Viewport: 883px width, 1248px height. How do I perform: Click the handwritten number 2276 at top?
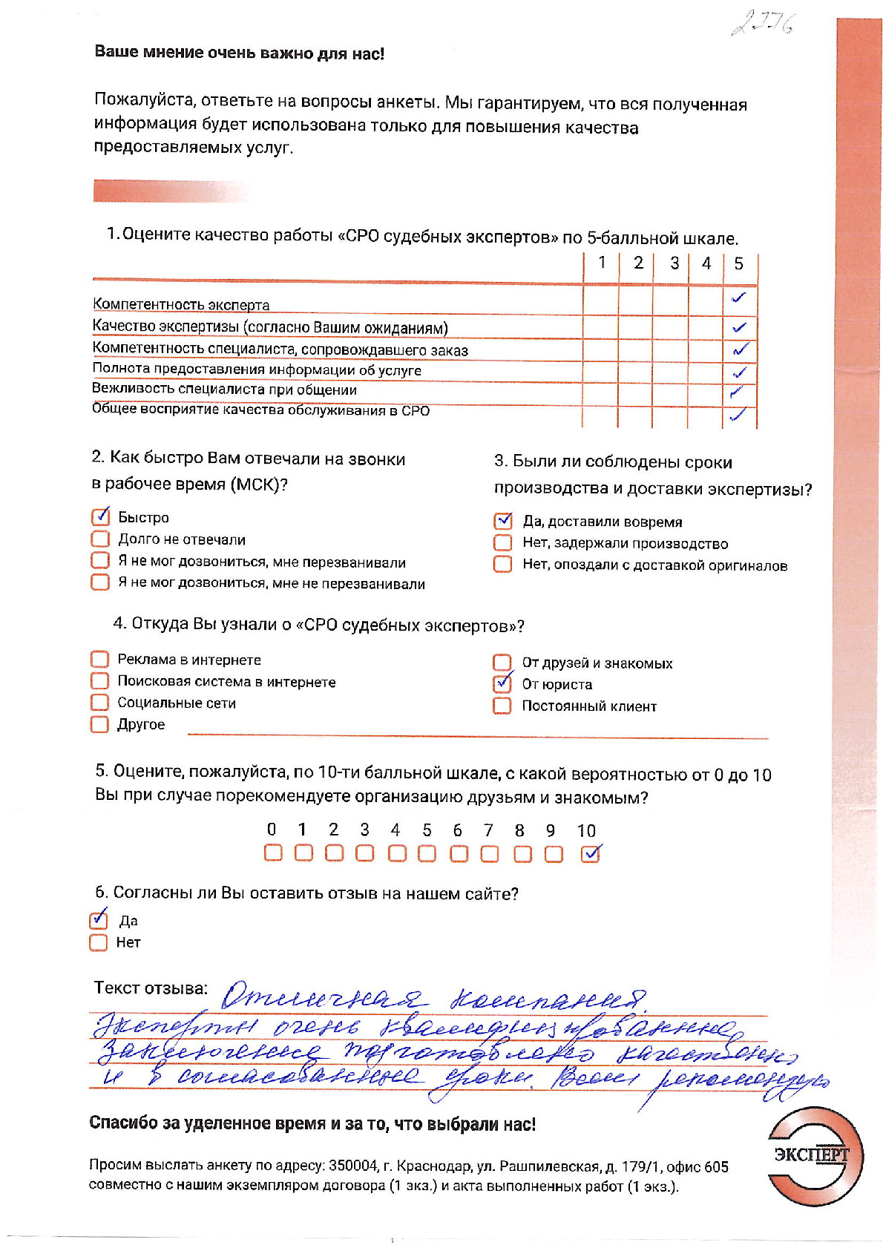point(762,24)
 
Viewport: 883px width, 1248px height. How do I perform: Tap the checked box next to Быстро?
point(100,516)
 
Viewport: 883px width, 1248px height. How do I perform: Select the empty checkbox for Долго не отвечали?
point(100,539)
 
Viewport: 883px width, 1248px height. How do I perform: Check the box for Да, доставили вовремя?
point(503,521)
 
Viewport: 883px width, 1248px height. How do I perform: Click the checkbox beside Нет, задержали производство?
point(503,542)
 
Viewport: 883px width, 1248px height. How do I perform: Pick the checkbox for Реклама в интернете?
point(99,659)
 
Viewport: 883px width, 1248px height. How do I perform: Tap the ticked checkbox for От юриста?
point(502,683)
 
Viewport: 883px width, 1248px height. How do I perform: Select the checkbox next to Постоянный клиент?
point(502,705)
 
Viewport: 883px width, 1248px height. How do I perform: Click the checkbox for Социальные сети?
point(99,702)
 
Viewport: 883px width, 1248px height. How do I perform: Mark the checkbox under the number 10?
point(590,853)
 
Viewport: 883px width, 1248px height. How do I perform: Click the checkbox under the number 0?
point(273,853)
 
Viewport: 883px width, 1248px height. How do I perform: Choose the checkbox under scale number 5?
point(427,853)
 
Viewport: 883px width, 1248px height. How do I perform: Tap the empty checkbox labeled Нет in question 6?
point(98,942)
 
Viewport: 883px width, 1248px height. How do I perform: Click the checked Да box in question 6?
point(98,920)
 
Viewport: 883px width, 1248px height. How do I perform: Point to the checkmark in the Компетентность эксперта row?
point(738,298)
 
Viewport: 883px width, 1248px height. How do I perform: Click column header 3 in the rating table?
point(674,263)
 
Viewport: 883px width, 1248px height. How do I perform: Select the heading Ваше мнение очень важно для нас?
point(239,53)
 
